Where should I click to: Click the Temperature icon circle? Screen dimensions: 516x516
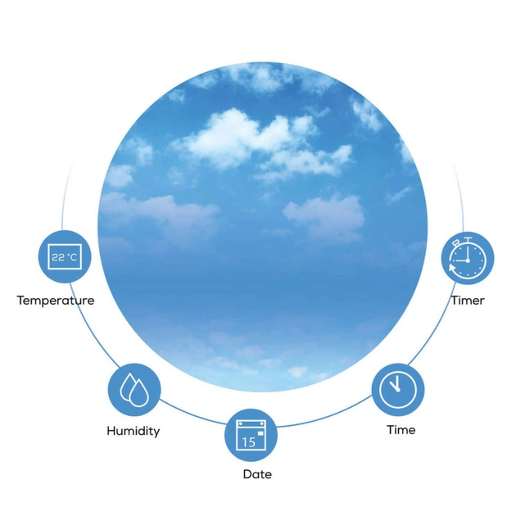coord(65,256)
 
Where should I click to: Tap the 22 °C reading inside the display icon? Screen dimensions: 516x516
coord(65,257)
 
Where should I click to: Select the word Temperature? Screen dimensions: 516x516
coord(56,301)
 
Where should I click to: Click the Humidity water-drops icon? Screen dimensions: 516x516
coord(134,390)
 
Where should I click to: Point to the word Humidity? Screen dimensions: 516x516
coord(134,431)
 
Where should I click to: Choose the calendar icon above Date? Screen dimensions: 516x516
coord(251,435)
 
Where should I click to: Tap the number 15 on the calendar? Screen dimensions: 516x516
coord(248,442)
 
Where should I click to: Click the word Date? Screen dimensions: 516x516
coord(257,474)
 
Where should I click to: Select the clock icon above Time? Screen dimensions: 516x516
coord(398,390)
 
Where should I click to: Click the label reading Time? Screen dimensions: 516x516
coord(401,430)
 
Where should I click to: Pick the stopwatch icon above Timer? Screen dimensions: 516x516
coord(468,258)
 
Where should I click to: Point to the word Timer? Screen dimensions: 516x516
coord(468,301)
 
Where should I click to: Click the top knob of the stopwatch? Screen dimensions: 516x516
coord(468,238)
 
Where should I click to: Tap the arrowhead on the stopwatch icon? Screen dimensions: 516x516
coord(452,267)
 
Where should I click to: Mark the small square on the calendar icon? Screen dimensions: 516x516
coord(260,433)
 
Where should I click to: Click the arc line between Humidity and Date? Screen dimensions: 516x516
coord(192,414)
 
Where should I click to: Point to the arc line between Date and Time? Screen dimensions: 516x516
coord(325,414)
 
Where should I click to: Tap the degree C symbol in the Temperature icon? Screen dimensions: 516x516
coord(72,256)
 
